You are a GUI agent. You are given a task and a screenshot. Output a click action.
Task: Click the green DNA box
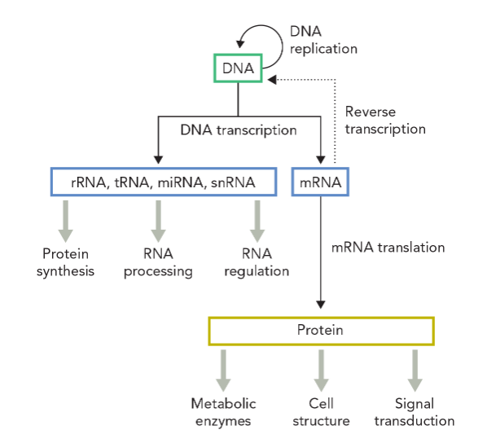238,68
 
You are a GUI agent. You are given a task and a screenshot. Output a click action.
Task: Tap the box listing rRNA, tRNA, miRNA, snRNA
162,182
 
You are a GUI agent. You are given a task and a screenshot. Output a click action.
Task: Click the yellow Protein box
321,331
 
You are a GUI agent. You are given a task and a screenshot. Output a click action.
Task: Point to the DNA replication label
323,40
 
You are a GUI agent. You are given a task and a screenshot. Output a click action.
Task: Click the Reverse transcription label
384,120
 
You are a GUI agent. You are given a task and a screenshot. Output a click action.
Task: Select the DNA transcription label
238,129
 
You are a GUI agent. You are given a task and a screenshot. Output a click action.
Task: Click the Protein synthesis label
65,262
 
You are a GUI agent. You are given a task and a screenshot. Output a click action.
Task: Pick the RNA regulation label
256,262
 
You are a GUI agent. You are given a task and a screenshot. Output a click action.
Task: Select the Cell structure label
322,412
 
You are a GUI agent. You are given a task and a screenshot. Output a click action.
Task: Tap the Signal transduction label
414,412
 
